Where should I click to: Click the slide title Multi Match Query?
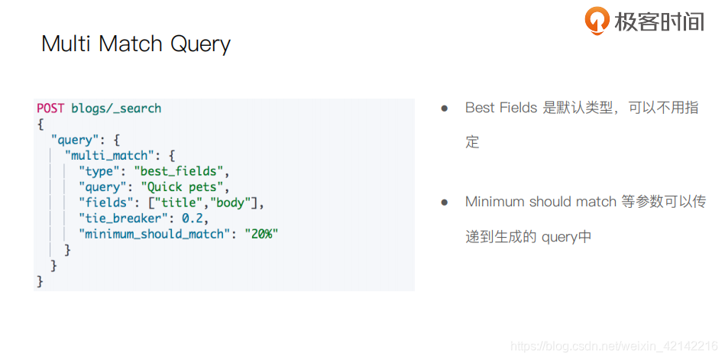pyautogui.click(x=135, y=44)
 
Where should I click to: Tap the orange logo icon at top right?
pyautogui.click(x=597, y=21)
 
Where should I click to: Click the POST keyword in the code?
pyautogui.click(x=50, y=108)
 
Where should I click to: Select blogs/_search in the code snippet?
pyautogui.click(x=116, y=108)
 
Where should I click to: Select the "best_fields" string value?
pyautogui.click(x=181, y=171)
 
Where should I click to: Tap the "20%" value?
pyautogui.click(x=261, y=234)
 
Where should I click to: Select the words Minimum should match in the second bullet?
pyautogui.click(x=540, y=202)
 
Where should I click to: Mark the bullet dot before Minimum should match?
pyautogui.click(x=444, y=202)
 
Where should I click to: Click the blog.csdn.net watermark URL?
pyautogui.click(x=614, y=346)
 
